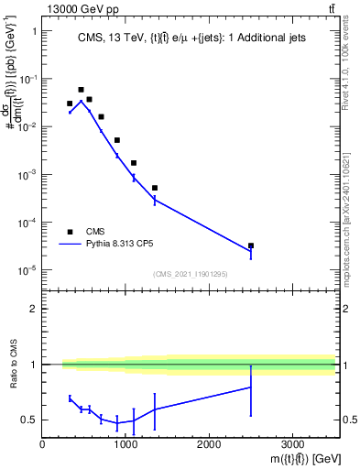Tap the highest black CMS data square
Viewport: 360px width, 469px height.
[x=81, y=90]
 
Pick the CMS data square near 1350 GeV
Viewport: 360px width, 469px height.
[x=155, y=188]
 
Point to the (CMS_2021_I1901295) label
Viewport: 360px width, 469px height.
[x=189, y=274]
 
